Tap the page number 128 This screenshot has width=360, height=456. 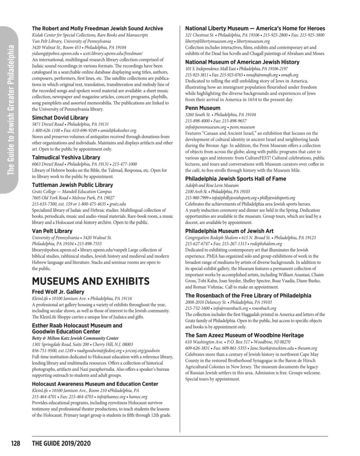click(x=15, y=443)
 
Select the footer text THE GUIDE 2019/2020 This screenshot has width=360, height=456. click(x=62, y=443)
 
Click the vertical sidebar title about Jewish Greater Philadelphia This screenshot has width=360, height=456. click(x=11, y=110)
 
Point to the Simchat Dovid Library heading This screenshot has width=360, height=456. click(x=60, y=118)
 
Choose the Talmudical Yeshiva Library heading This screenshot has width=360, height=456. click(x=66, y=157)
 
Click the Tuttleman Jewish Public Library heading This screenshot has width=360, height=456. click(x=72, y=185)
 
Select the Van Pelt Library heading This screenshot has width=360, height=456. click(x=52, y=231)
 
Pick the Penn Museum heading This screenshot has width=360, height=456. click(x=202, y=108)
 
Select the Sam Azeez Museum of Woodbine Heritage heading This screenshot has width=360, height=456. click(x=244, y=335)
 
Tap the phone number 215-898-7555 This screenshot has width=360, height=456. click(x=89, y=244)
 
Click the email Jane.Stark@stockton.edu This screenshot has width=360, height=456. click(x=264, y=348)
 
